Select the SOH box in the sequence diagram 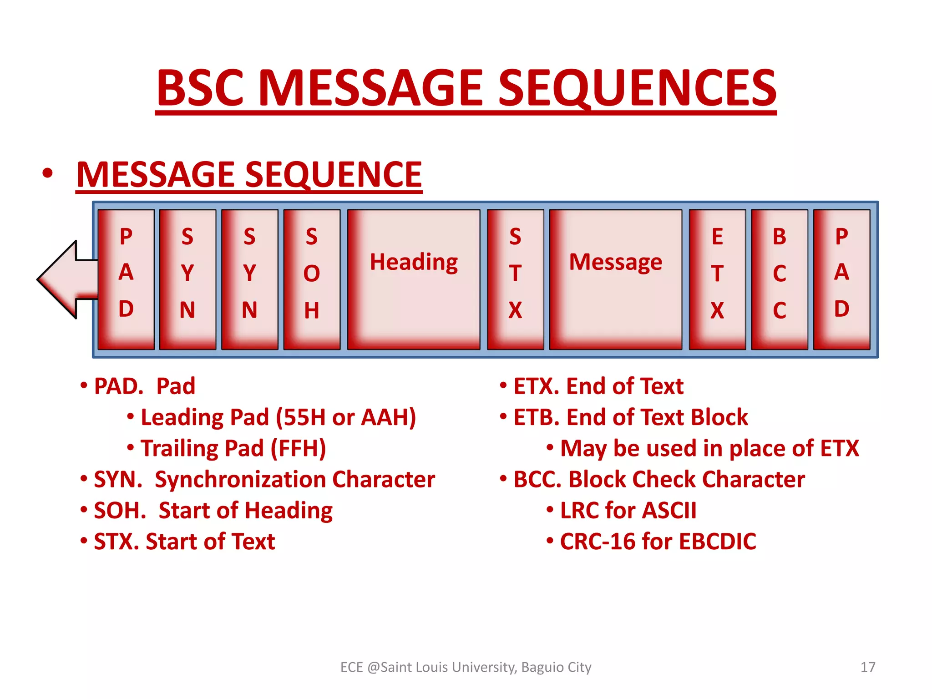pyautogui.click(x=312, y=279)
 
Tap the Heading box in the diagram pyautogui.click(x=413, y=279)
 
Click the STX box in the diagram pyautogui.click(x=515, y=279)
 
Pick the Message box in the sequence pyautogui.click(x=615, y=279)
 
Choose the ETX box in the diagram pyautogui.click(x=717, y=279)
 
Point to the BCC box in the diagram pyautogui.click(x=779, y=279)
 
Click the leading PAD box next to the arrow pyautogui.click(x=126, y=279)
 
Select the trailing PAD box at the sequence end pyautogui.click(x=841, y=279)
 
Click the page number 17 pyautogui.click(x=868, y=667)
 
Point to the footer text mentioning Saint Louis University pyautogui.click(x=466, y=667)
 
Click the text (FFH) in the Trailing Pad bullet pyautogui.click(x=298, y=449)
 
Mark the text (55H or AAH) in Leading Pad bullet pyautogui.click(x=346, y=417)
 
